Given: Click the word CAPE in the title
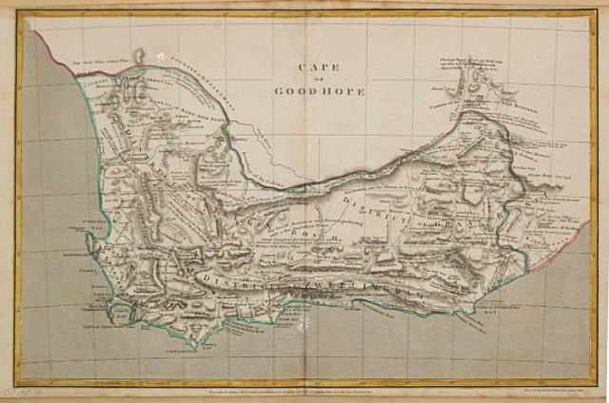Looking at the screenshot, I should (x=314, y=67).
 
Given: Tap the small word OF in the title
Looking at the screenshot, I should (x=314, y=80).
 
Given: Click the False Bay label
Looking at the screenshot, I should (x=143, y=318).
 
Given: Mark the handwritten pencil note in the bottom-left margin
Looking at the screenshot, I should (x=13, y=392).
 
